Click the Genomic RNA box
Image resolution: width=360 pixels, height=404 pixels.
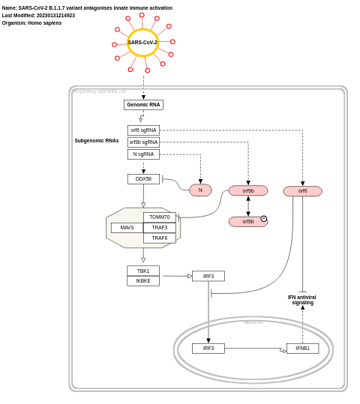tap(143, 105)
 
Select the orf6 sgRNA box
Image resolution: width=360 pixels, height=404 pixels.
tap(143, 130)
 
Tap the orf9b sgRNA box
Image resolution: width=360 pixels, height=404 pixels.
tap(143, 142)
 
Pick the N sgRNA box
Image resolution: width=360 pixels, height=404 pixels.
tap(143, 154)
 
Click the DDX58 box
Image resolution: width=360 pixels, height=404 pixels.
tap(143, 179)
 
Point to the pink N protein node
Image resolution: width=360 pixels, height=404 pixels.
tap(200, 190)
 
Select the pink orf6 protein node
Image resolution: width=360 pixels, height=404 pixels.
tap(302, 191)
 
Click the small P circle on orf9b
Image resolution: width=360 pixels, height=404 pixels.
tap(263, 219)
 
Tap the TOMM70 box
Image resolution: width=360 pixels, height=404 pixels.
tap(160, 217)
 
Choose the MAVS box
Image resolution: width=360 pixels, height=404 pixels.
tap(127, 228)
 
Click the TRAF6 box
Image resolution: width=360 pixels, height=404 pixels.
tap(160, 238)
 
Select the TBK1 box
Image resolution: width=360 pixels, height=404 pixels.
tap(143, 271)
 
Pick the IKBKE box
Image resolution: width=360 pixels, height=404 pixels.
tap(143, 281)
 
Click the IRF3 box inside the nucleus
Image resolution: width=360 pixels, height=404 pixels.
tap(208, 349)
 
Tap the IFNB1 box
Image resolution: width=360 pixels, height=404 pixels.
tap(302, 349)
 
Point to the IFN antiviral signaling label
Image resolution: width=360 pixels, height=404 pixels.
tap(302, 300)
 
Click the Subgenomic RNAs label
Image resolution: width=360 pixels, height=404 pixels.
tap(97, 141)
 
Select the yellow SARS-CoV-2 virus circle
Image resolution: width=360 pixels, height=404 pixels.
tap(142, 43)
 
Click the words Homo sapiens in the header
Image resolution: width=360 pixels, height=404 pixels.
tap(45, 23)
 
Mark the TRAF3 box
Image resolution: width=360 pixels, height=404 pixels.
tap(160, 228)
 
